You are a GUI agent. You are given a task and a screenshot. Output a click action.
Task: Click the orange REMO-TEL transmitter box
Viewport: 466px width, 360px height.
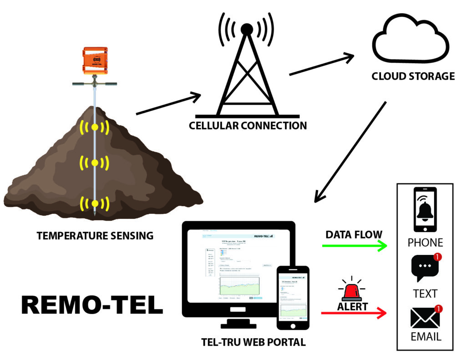point(95,60)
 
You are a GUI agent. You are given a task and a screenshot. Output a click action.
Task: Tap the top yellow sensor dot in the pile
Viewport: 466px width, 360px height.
point(95,127)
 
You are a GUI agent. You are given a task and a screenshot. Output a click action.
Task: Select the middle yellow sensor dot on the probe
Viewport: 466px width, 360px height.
point(95,162)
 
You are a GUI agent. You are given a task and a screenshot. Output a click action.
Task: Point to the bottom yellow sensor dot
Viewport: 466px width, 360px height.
point(95,203)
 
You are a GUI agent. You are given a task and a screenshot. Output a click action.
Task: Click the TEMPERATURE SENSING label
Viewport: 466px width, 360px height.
point(95,236)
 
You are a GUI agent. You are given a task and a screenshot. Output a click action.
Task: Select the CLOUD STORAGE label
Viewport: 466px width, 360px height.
point(413,76)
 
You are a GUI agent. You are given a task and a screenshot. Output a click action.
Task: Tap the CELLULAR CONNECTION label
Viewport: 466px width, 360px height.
point(248,125)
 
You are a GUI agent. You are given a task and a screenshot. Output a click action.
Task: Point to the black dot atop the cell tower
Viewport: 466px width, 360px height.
point(247,29)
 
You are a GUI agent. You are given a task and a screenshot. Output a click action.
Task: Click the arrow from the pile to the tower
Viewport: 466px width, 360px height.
point(168,104)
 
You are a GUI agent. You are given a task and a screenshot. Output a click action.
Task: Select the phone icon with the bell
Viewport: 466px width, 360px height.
point(425,209)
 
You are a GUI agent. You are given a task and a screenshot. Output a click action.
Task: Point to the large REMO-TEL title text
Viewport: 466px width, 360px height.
point(92,305)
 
